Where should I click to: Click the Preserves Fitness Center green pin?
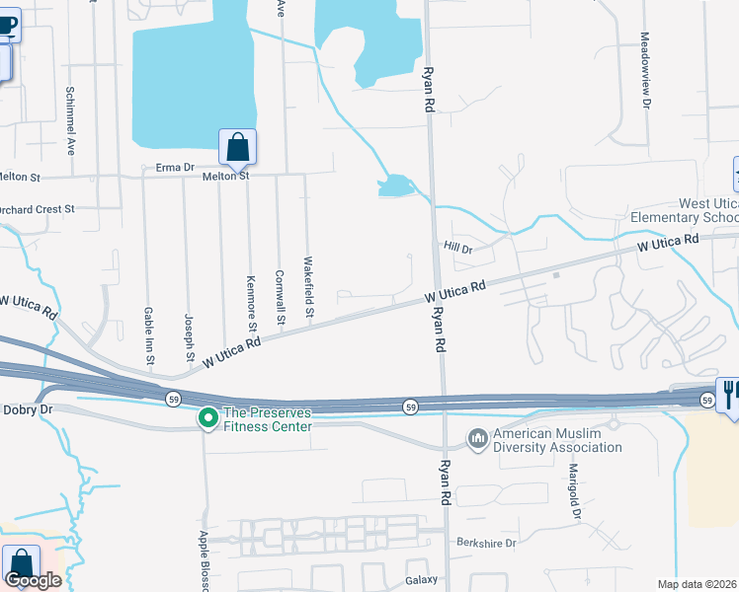[x=207, y=419]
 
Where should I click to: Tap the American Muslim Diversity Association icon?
[x=478, y=437]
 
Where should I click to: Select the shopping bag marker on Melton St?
[x=237, y=148]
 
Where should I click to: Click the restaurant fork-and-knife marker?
[x=729, y=396]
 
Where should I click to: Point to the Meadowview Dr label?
[x=645, y=69]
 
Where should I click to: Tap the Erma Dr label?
[x=175, y=168]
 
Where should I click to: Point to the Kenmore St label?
[x=253, y=303]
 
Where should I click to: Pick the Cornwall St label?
[x=281, y=293]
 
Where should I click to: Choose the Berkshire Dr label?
[x=486, y=544]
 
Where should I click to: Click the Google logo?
[x=33, y=580]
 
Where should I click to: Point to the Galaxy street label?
[x=420, y=581]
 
